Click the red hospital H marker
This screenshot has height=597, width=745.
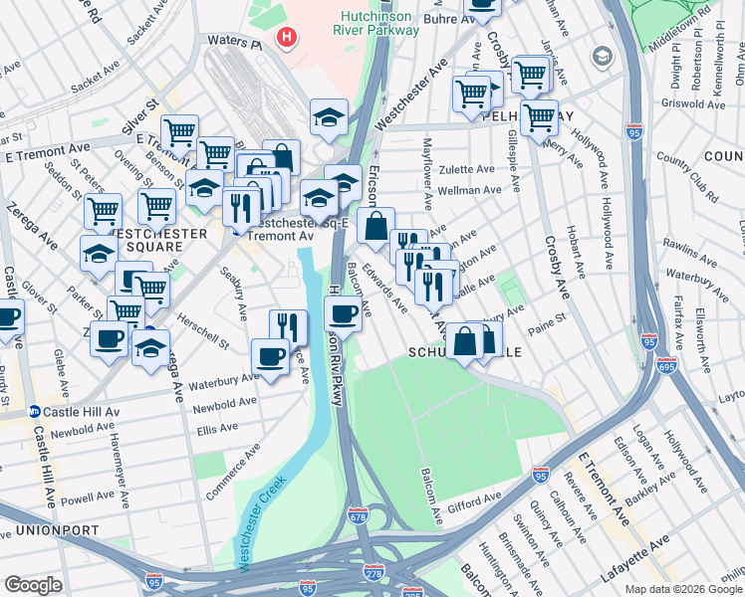(x=288, y=39)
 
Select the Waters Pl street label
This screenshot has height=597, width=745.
(x=233, y=43)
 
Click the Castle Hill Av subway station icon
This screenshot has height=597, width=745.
(x=34, y=411)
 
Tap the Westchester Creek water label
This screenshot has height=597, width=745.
(x=262, y=522)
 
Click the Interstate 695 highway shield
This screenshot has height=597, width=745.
(x=666, y=365)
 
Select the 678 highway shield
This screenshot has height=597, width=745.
(x=360, y=515)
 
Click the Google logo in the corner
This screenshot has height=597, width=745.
(x=34, y=585)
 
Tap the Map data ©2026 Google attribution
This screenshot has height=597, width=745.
(x=682, y=589)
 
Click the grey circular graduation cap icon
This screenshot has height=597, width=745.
(x=602, y=57)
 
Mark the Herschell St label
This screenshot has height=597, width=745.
(x=203, y=331)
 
